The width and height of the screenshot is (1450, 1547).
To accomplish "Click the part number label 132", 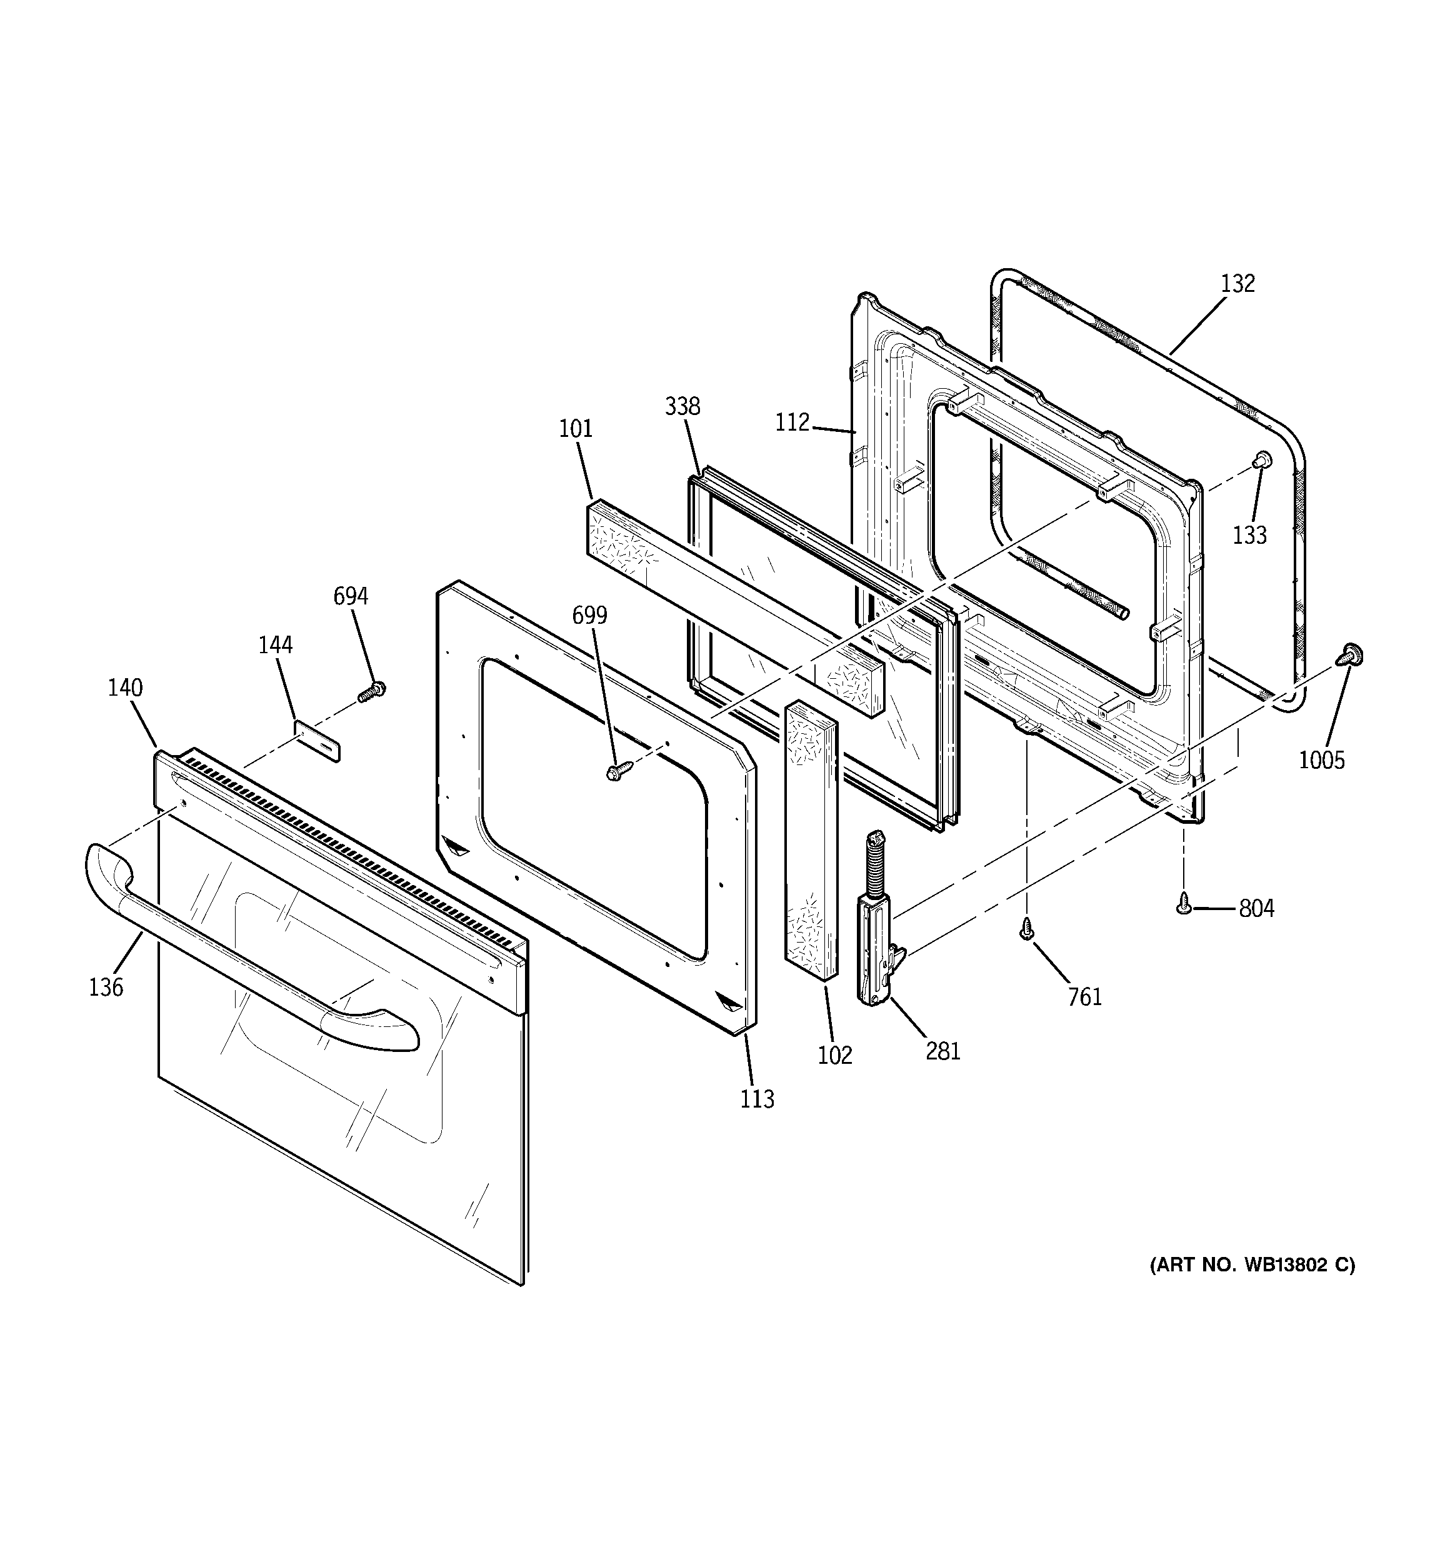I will pos(1237,283).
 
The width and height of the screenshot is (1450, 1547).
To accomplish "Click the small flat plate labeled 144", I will pos(317,740).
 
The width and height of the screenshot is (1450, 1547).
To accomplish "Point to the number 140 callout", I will pos(125,688).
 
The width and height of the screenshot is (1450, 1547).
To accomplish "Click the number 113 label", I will pos(757,1099).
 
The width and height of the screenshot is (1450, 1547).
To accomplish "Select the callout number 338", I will pos(682,406).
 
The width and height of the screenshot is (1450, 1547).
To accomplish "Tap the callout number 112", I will pos(792,423).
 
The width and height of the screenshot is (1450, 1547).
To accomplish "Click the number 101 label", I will pos(576,428).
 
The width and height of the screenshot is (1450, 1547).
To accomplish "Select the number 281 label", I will pos(943,1051).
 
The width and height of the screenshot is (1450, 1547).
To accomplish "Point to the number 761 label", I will pos(1085,996).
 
